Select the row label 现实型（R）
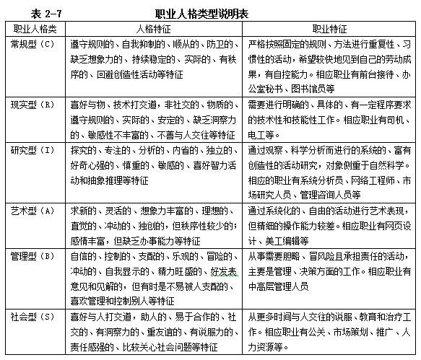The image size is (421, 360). (34, 104)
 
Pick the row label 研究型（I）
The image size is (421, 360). (34, 149)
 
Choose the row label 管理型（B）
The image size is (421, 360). (34, 255)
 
